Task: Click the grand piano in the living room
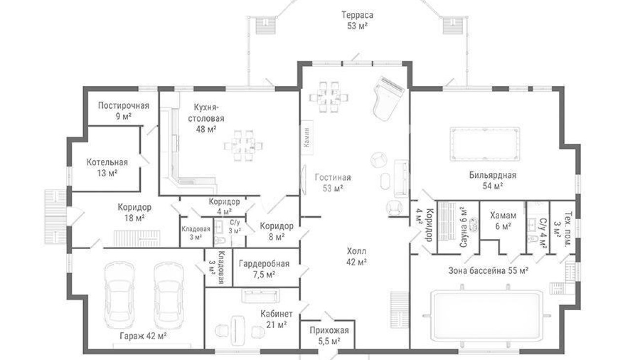click(388, 98)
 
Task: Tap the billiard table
click(485, 144)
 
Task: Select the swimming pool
click(486, 315)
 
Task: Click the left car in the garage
click(120, 295)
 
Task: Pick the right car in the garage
click(168, 295)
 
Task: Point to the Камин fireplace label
click(307, 137)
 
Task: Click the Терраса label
click(357, 15)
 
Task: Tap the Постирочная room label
click(124, 105)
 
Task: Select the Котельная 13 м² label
click(107, 167)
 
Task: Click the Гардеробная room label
click(264, 263)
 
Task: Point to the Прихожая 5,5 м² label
click(329, 336)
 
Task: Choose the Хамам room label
click(503, 215)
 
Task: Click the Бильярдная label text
click(493, 175)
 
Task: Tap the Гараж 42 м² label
click(143, 336)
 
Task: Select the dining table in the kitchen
click(243, 146)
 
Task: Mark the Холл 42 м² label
click(356, 257)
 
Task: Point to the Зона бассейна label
click(488, 270)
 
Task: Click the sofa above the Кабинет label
click(260, 295)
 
